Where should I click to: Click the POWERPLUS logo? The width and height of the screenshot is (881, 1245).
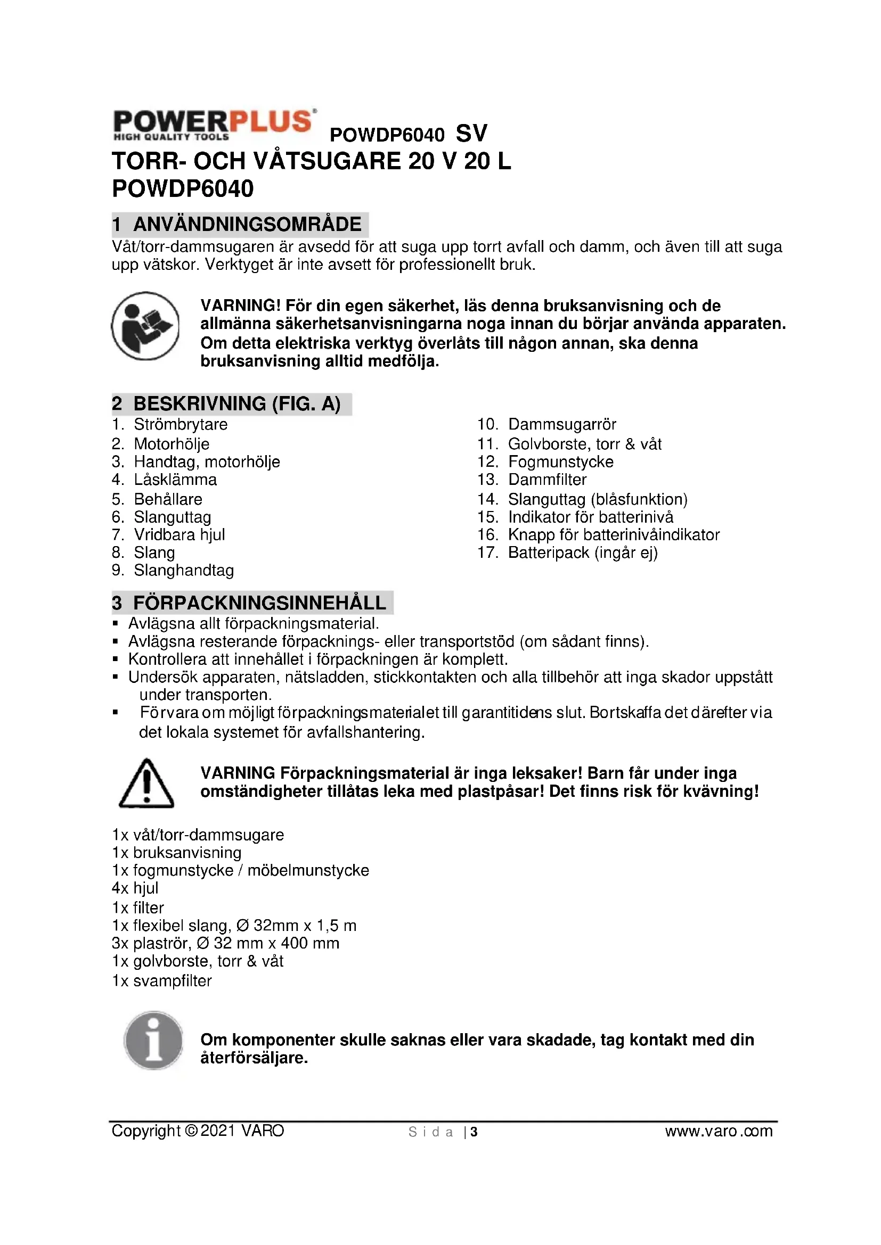[x=214, y=124]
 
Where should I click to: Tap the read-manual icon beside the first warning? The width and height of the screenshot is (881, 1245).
[x=145, y=326]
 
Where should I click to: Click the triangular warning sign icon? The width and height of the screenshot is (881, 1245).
[x=146, y=784]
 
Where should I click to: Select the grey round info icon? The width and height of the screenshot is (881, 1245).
[x=153, y=1040]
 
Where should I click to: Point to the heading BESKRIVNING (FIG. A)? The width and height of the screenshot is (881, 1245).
[x=236, y=403]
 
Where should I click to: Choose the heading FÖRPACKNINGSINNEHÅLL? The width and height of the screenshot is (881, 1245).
[x=259, y=603]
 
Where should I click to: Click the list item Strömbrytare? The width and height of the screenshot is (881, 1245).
[x=180, y=424]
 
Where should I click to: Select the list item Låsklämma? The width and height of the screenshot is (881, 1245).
[x=175, y=480]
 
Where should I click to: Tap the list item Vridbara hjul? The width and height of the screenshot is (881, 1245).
[x=179, y=534]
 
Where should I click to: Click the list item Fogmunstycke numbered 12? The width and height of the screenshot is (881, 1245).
[x=560, y=461]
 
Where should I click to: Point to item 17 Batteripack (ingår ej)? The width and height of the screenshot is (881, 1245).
[x=582, y=553]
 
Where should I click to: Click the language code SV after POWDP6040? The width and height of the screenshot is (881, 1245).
[x=471, y=134]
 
